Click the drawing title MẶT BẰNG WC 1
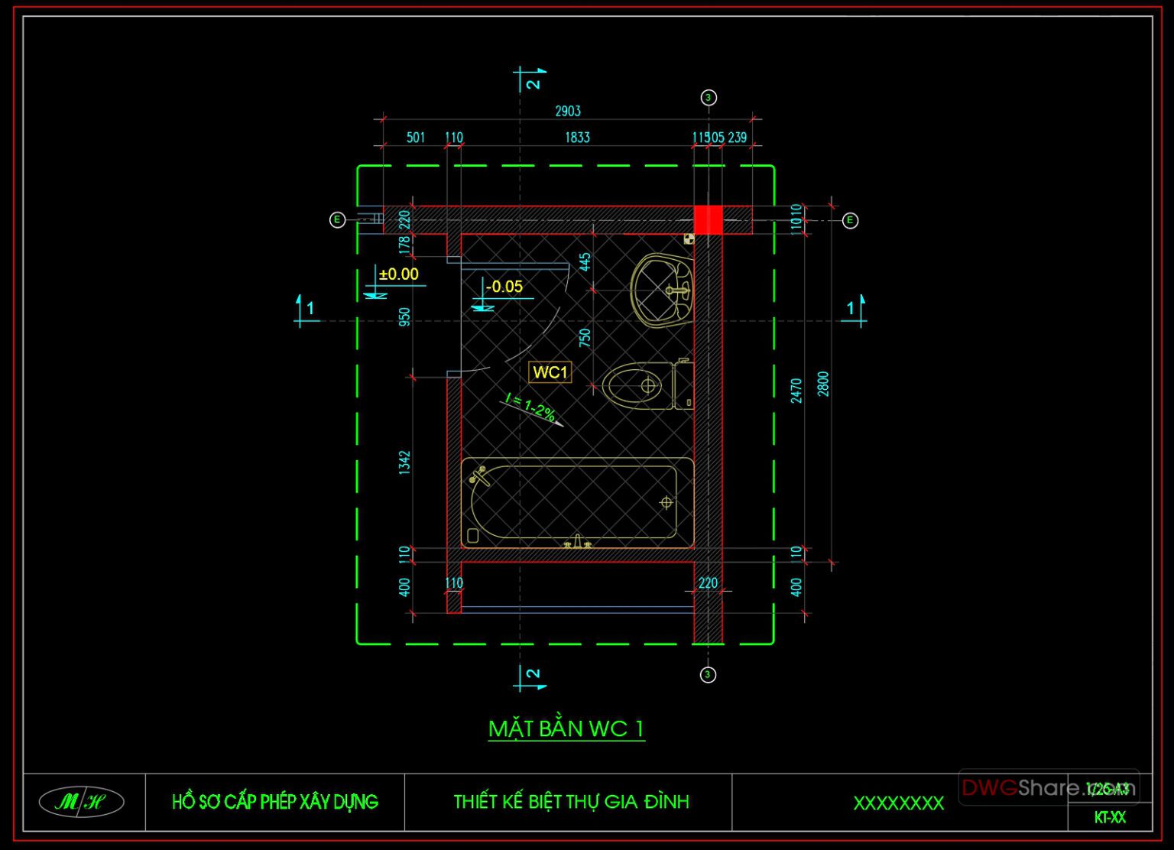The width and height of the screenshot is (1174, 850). (566, 728)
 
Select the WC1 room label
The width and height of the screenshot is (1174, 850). (550, 372)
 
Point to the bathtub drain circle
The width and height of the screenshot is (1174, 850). (666, 502)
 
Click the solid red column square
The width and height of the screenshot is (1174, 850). (708, 220)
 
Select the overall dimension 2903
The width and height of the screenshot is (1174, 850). (568, 112)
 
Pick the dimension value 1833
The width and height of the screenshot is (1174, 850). (577, 138)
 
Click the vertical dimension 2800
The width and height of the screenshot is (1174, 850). (823, 384)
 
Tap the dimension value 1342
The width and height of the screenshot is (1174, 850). (405, 462)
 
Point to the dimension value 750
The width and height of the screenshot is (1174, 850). (585, 338)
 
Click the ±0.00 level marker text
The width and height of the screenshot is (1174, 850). (399, 274)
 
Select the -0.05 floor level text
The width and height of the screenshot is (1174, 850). (504, 287)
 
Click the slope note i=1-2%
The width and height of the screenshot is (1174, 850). (530, 409)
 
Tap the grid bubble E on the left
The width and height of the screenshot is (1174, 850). (337, 220)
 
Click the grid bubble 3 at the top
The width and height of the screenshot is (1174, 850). (709, 98)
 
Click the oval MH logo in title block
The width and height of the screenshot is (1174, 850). (81, 802)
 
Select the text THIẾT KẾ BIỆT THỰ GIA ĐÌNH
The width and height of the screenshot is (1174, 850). (571, 802)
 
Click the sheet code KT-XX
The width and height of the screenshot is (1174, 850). (1109, 817)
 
